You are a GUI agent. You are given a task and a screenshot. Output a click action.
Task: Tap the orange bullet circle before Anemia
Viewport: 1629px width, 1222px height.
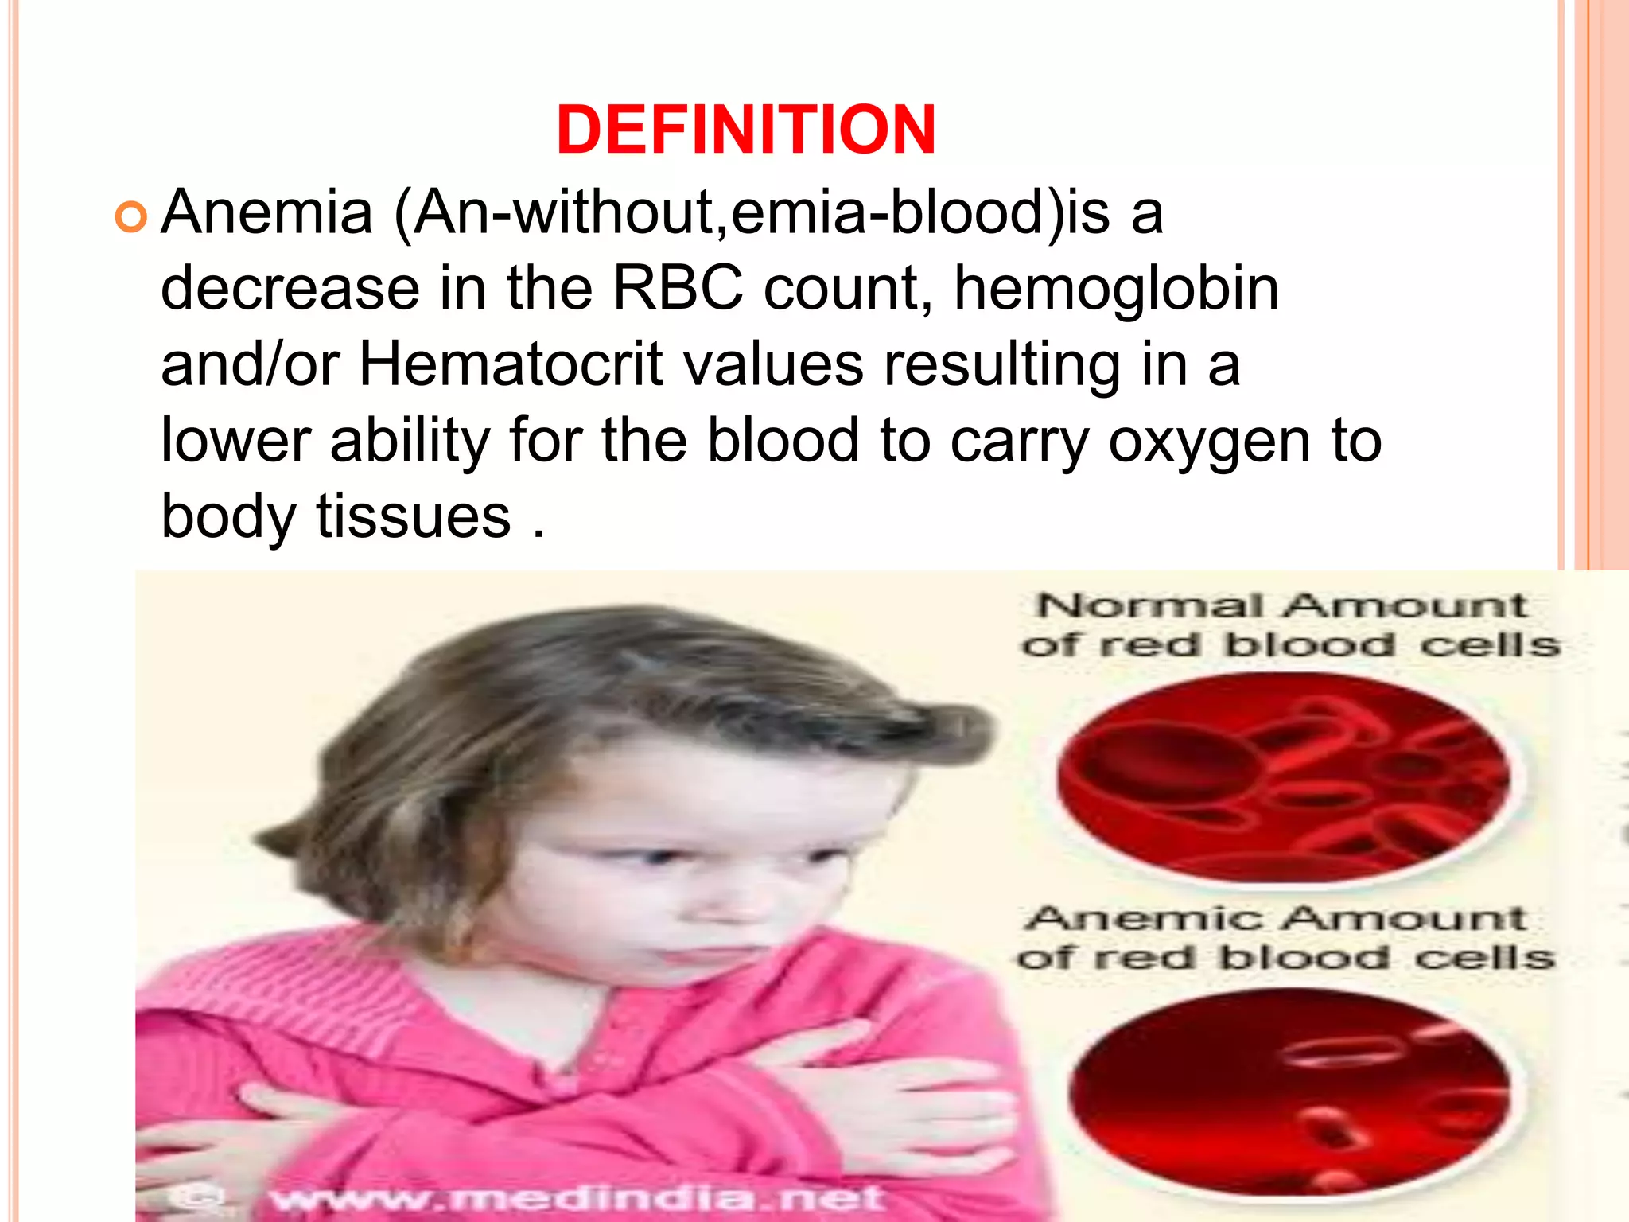131,216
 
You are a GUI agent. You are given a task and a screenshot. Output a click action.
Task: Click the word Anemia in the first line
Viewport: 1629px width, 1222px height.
267,212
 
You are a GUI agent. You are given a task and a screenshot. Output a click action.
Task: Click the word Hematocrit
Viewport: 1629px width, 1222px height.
511,364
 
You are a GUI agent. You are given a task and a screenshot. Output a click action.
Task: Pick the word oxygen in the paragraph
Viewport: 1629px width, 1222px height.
1209,442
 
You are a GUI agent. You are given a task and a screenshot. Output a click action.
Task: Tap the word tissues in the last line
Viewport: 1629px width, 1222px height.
414,516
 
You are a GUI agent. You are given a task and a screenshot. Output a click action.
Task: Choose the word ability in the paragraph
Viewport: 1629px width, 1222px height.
410,441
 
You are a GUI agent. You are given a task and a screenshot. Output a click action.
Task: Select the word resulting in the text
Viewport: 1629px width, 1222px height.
1002,366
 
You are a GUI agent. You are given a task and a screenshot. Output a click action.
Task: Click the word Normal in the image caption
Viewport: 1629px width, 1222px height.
1149,606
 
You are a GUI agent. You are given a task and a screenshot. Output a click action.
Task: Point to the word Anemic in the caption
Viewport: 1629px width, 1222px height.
1144,919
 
